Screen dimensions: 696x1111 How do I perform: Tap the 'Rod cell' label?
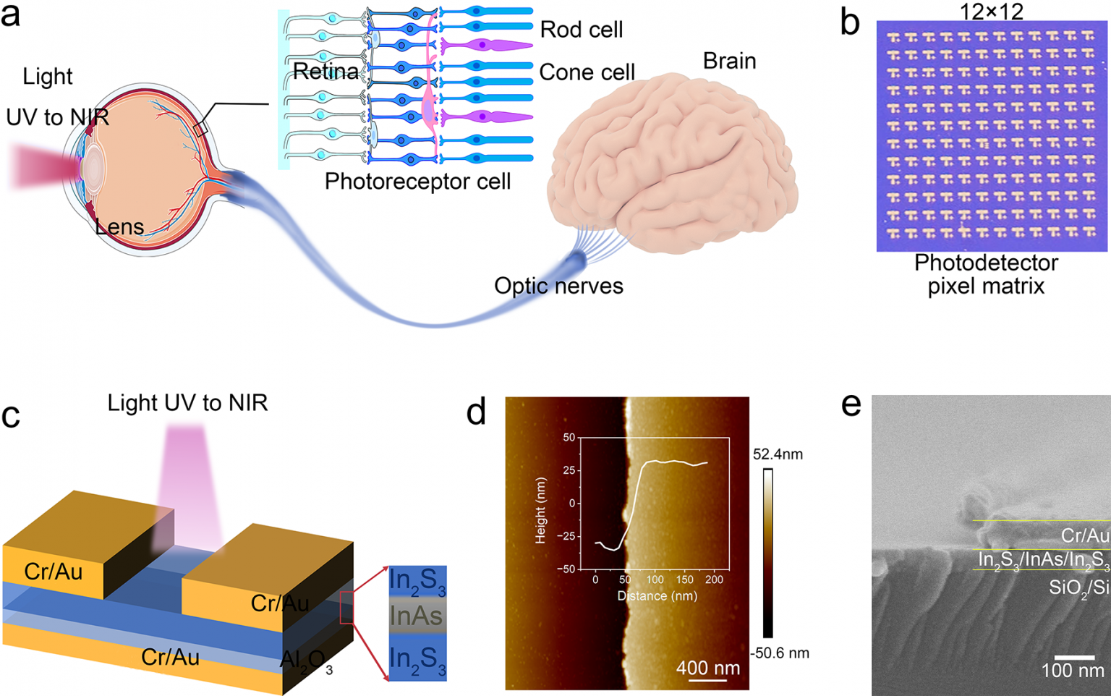(x=581, y=30)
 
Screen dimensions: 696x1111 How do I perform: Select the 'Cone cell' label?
(x=587, y=72)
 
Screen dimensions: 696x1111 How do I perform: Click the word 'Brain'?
(x=729, y=61)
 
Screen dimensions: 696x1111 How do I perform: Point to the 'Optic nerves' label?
(x=558, y=286)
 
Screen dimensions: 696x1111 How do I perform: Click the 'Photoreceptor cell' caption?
(x=417, y=182)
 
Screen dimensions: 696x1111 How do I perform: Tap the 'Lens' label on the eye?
(x=120, y=227)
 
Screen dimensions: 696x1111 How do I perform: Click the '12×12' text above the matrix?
(x=991, y=11)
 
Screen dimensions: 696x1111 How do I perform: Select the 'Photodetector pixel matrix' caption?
(x=986, y=274)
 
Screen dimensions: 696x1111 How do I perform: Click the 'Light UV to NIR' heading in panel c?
(x=187, y=403)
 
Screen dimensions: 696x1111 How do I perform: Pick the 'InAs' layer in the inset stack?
(x=416, y=616)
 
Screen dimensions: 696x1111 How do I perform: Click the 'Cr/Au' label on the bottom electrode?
(x=170, y=657)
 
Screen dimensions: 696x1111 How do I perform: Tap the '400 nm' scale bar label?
(x=707, y=667)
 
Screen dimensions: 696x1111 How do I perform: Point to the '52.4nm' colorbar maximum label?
(x=778, y=454)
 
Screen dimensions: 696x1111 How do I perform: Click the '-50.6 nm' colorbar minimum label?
(x=779, y=653)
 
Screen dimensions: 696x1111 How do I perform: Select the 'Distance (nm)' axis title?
(x=657, y=596)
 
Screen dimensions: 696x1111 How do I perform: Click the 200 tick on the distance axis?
(x=714, y=580)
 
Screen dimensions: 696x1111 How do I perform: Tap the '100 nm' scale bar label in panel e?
(x=1072, y=671)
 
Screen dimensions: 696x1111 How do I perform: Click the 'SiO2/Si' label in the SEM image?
(x=1078, y=588)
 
